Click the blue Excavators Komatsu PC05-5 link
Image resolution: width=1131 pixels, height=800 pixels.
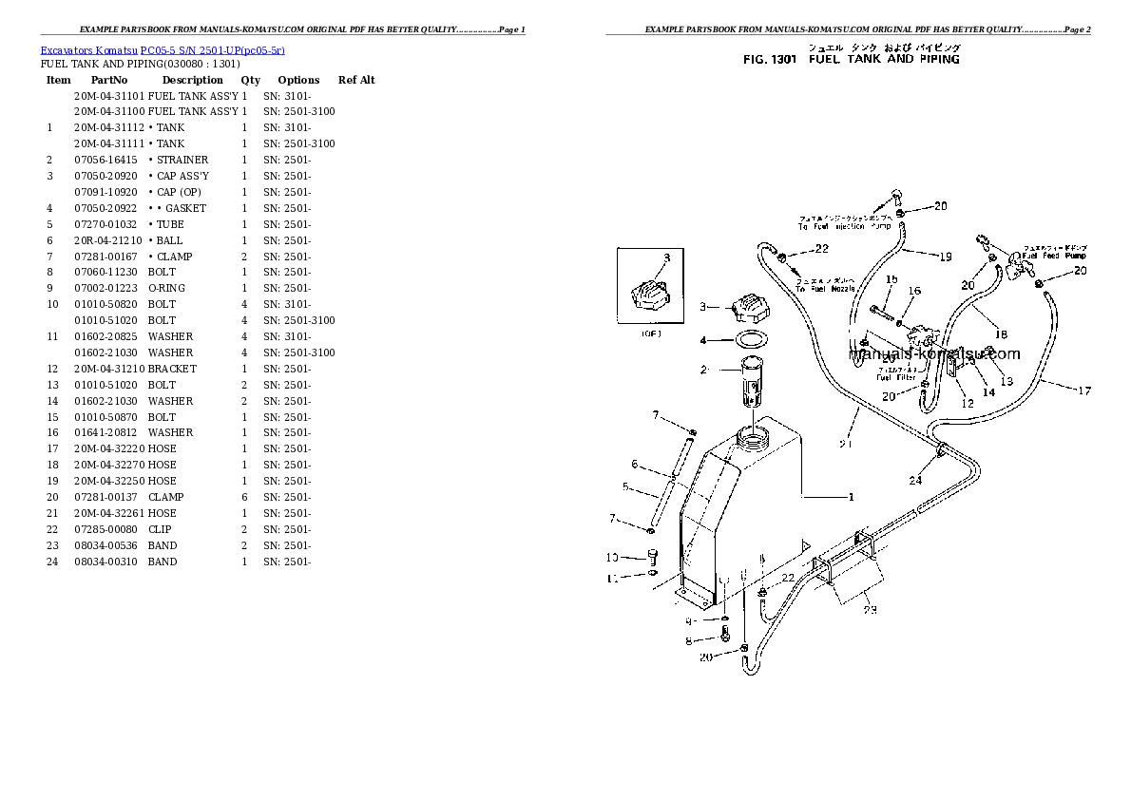163,49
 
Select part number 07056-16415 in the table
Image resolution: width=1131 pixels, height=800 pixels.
105,160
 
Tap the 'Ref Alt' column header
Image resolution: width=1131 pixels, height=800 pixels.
356,80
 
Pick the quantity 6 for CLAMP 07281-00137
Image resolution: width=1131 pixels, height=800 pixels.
244,497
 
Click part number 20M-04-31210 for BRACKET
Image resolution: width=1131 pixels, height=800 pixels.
109,369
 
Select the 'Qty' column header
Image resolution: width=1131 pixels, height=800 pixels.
250,80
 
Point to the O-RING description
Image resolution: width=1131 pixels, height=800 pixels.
167,288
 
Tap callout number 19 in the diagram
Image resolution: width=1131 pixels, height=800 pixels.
945,256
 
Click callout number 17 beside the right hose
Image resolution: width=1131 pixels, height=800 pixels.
1084,390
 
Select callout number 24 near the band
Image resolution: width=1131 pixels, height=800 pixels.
914,480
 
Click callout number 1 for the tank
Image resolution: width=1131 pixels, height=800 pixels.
851,496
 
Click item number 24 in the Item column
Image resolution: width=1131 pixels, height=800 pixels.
49,562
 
